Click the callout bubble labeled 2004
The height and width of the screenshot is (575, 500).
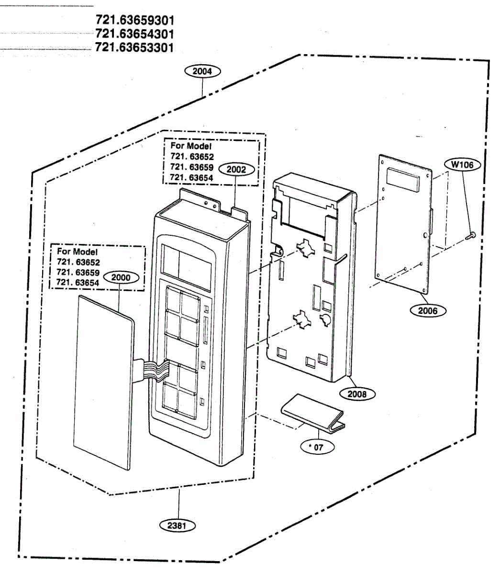tap(202, 71)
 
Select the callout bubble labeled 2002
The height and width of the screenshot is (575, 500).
tap(236, 169)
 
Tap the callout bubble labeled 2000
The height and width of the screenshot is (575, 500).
tap(120, 277)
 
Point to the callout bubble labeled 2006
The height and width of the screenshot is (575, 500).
tap(427, 310)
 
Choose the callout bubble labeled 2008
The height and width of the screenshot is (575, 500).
tap(357, 394)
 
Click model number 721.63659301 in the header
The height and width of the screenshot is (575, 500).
tap(134, 21)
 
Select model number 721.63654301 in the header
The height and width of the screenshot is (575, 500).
tap(134, 34)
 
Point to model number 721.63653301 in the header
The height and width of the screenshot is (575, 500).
tap(134, 47)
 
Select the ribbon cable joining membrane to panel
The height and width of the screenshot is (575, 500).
tap(151, 369)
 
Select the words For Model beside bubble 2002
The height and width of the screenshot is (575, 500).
tap(191, 146)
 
